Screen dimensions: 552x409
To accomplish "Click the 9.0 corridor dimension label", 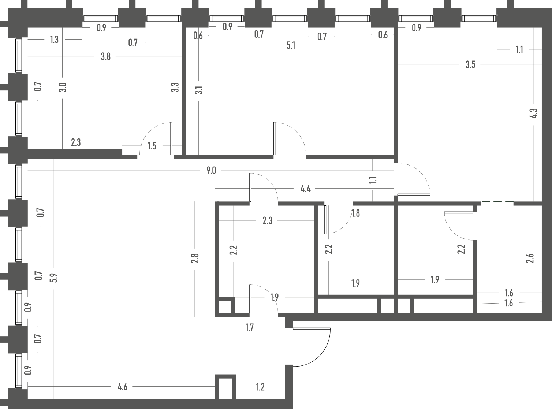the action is [x=211, y=171].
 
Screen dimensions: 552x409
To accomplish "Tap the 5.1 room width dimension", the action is [x=291, y=45].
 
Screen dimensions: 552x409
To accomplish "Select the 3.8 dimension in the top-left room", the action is [x=105, y=57].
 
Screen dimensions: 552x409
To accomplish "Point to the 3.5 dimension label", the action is [x=470, y=65].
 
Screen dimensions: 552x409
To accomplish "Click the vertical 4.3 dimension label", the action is [x=534, y=114].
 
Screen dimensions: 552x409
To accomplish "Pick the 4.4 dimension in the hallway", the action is [x=306, y=189].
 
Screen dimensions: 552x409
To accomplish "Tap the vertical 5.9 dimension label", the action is [x=54, y=278].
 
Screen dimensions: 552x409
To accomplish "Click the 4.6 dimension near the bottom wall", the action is [x=123, y=387].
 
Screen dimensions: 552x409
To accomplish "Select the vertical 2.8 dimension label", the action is [x=195, y=258].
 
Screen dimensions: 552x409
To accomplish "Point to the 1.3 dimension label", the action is [x=54, y=40].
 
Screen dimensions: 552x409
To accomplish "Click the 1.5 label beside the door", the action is [x=152, y=146].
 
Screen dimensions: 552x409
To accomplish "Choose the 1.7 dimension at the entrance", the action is [x=249, y=328].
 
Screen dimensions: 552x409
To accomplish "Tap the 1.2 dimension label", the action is [x=260, y=387].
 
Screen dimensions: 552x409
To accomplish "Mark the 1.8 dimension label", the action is [x=355, y=213].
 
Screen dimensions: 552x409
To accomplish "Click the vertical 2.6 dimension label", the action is [x=530, y=258].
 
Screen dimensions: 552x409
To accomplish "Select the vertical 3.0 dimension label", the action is [x=63, y=88].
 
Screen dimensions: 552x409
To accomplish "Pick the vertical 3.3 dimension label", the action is [x=175, y=88].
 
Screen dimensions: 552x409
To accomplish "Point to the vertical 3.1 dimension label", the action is [x=199, y=90].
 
